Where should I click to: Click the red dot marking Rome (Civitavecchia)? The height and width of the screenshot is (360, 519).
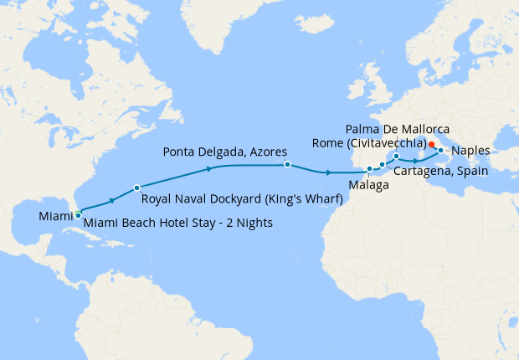click(x=431, y=144)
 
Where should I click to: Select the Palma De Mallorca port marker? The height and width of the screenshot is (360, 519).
click(x=397, y=156)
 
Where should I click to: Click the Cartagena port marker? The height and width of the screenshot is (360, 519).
click(x=383, y=165)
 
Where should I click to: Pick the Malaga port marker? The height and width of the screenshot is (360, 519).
click(x=369, y=169)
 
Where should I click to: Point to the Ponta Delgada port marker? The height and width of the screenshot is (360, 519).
click(x=287, y=165)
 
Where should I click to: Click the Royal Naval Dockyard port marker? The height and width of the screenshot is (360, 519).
click(x=136, y=188)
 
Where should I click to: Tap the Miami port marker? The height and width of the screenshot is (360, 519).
click(x=78, y=215)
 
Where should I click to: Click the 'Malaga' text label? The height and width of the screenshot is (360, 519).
click(x=369, y=184)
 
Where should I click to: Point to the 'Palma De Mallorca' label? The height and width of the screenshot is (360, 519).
click(x=397, y=129)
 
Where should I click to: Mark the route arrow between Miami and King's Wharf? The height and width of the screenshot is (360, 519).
click(x=111, y=200)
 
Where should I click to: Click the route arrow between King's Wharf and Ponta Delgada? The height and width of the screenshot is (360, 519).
click(x=208, y=169)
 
